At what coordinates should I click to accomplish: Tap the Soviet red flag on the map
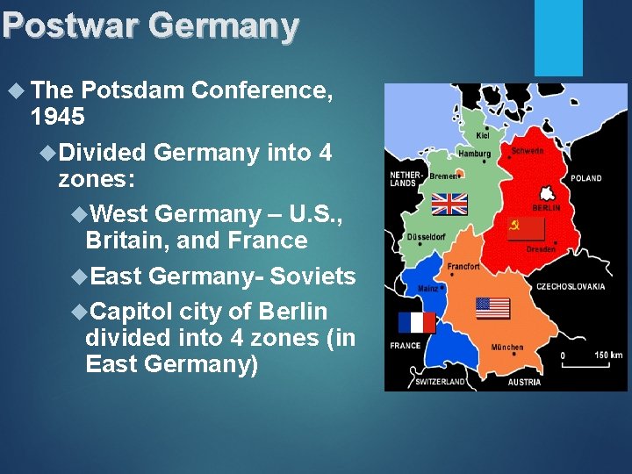(527, 230)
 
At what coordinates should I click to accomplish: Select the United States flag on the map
(492, 308)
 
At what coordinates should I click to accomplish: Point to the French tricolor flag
(416, 322)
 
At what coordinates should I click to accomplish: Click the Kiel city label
(483, 135)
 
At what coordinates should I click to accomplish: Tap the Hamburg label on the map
(474, 154)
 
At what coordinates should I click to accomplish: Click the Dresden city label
(541, 249)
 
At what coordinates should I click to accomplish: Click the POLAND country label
(585, 178)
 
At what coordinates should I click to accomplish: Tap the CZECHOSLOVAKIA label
(571, 286)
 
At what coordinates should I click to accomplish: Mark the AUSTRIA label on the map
(524, 382)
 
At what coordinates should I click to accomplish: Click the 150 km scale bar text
(607, 355)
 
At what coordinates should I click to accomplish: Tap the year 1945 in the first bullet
(57, 115)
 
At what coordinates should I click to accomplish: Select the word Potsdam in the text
(133, 90)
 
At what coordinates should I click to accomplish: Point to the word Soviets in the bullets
(312, 276)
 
